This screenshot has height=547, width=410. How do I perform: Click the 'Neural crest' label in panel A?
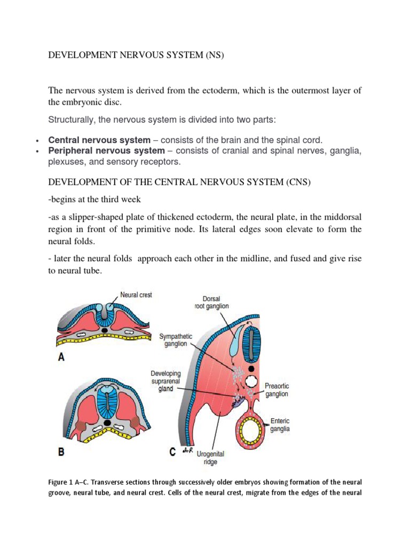pyautogui.click(x=136, y=295)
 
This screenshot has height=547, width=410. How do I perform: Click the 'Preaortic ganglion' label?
pyautogui.click(x=277, y=389)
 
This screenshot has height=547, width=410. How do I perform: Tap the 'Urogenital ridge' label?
pyautogui.click(x=207, y=458)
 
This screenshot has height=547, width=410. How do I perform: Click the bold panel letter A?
pyautogui.click(x=61, y=357)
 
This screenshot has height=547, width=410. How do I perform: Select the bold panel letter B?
pyautogui.click(x=61, y=452)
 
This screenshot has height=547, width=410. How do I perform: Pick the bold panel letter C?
pyautogui.click(x=172, y=452)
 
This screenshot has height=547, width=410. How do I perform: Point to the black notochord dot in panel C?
pyautogui.click(x=251, y=368)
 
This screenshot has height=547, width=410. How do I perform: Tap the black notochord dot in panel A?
pyautogui.click(x=105, y=331)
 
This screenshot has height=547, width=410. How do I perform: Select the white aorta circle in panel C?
pyautogui.click(x=251, y=382)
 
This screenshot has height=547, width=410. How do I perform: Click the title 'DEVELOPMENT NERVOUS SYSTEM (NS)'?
pyautogui.click(x=133, y=55)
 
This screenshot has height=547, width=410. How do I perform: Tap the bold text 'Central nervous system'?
pyautogui.click(x=99, y=140)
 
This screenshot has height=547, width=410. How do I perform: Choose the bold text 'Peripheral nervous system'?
pyautogui.click(x=106, y=151)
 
